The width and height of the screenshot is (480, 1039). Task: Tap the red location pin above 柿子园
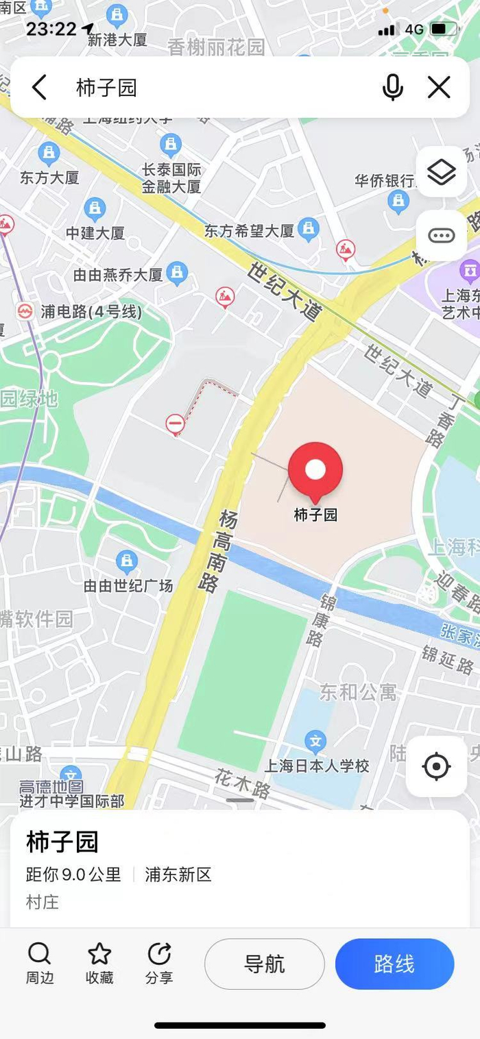pos(315,470)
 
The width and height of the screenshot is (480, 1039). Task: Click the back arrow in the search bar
pos(39,88)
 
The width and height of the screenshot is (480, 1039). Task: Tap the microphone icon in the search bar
pos(393,88)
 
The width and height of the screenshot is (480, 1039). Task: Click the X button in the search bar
pos(439,88)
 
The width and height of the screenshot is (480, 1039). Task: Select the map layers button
pos(441,172)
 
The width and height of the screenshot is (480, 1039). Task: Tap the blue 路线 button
pos(394,964)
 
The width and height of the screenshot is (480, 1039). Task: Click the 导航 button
pos(264,964)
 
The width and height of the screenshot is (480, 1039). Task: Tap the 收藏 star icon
pos(99,954)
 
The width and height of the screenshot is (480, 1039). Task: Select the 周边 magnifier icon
pos(39,954)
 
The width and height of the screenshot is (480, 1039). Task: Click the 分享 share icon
pos(159,954)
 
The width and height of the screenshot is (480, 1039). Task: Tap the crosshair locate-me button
pos(437,766)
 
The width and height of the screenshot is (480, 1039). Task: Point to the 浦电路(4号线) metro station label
pos(91,312)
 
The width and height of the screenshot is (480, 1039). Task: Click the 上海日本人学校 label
pos(317,766)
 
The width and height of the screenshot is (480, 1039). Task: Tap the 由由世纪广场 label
pos(128,586)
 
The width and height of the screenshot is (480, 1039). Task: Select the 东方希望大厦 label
pos(249,231)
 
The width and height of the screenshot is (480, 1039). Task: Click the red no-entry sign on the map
pos(176,424)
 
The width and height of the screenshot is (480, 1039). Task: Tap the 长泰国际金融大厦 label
pos(171,178)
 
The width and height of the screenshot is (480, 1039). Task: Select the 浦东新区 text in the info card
pos(178,874)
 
